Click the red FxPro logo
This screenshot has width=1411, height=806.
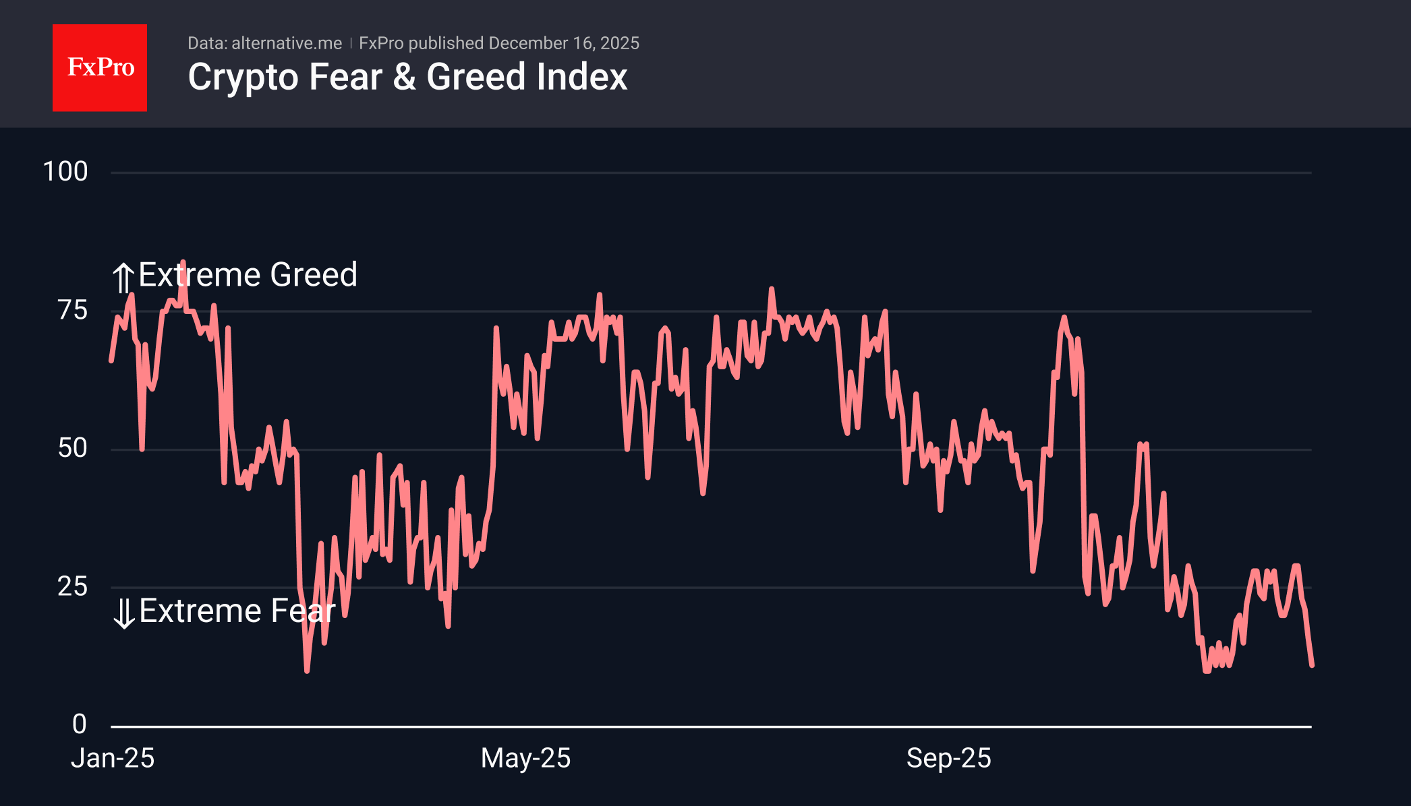(x=100, y=67)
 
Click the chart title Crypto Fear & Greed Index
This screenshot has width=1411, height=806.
(x=407, y=77)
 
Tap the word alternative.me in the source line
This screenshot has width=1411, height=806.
(x=287, y=43)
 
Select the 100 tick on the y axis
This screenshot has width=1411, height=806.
(x=65, y=172)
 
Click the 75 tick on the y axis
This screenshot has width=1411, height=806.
(x=73, y=311)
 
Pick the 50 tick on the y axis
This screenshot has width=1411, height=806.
(x=73, y=449)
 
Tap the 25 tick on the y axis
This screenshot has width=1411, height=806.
(x=73, y=587)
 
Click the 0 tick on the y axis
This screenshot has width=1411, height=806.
(x=80, y=724)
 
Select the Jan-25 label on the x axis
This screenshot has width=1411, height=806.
(x=113, y=759)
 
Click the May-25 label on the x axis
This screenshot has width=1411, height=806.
(x=525, y=759)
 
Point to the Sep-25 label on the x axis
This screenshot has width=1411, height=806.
(x=948, y=759)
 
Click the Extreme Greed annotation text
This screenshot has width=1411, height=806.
(x=248, y=275)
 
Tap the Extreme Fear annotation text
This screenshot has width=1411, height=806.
(x=237, y=611)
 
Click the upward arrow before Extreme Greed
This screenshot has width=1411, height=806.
(x=123, y=278)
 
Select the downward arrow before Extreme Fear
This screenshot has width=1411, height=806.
(x=124, y=613)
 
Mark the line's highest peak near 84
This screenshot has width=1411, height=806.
(x=183, y=262)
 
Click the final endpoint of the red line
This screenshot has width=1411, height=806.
(x=1312, y=665)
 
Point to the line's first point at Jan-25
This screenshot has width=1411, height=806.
(x=111, y=361)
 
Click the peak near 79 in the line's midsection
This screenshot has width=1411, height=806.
(x=771, y=289)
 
